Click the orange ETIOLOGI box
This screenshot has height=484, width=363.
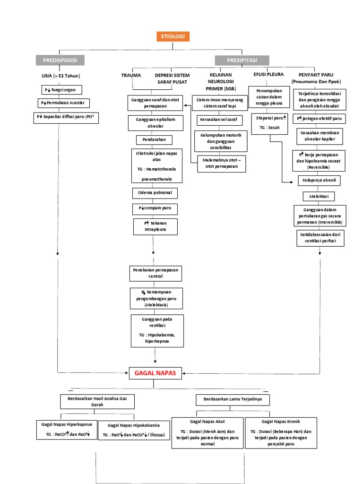173,37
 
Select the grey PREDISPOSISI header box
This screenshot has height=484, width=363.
63,60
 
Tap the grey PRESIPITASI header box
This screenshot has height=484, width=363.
242,60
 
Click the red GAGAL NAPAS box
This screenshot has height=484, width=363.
155,373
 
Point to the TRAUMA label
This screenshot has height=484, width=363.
131,75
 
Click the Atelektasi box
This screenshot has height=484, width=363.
319,196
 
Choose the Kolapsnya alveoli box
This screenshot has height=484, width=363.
319,181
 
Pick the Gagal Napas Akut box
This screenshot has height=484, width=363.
207,432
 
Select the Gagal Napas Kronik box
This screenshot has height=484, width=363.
281,432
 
